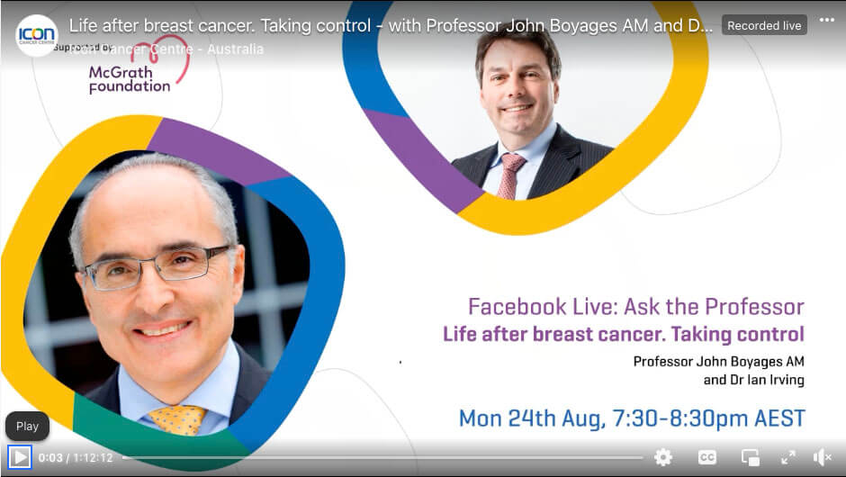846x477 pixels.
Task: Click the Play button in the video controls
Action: pyautogui.click(x=20, y=457)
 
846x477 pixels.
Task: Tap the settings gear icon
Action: pyautogui.click(x=663, y=457)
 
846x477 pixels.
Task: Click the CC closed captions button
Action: pyautogui.click(x=707, y=457)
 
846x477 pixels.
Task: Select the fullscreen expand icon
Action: pyautogui.click(x=787, y=457)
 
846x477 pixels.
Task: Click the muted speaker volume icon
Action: pyautogui.click(x=823, y=457)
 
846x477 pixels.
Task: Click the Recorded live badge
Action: pyautogui.click(x=764, y=25)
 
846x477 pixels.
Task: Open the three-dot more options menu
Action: pyautogui.click(x=826, y=21)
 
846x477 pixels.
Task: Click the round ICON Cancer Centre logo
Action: pyautogui.click(x=36, y=35)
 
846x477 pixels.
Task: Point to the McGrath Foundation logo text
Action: pyautogui.click(x=129, y=79)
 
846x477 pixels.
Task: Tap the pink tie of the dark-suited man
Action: pyautogui.click(x=510, y=175)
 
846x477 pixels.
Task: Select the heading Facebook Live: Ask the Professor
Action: pyautogui.click(x=635, y=306)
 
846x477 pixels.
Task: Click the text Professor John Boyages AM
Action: pyautogui.click(x=718, y=362)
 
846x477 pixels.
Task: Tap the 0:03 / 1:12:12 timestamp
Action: pyautogui.click(x=76, y=457)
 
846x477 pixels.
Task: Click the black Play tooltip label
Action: pyautogui.click(x=27, y=427)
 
